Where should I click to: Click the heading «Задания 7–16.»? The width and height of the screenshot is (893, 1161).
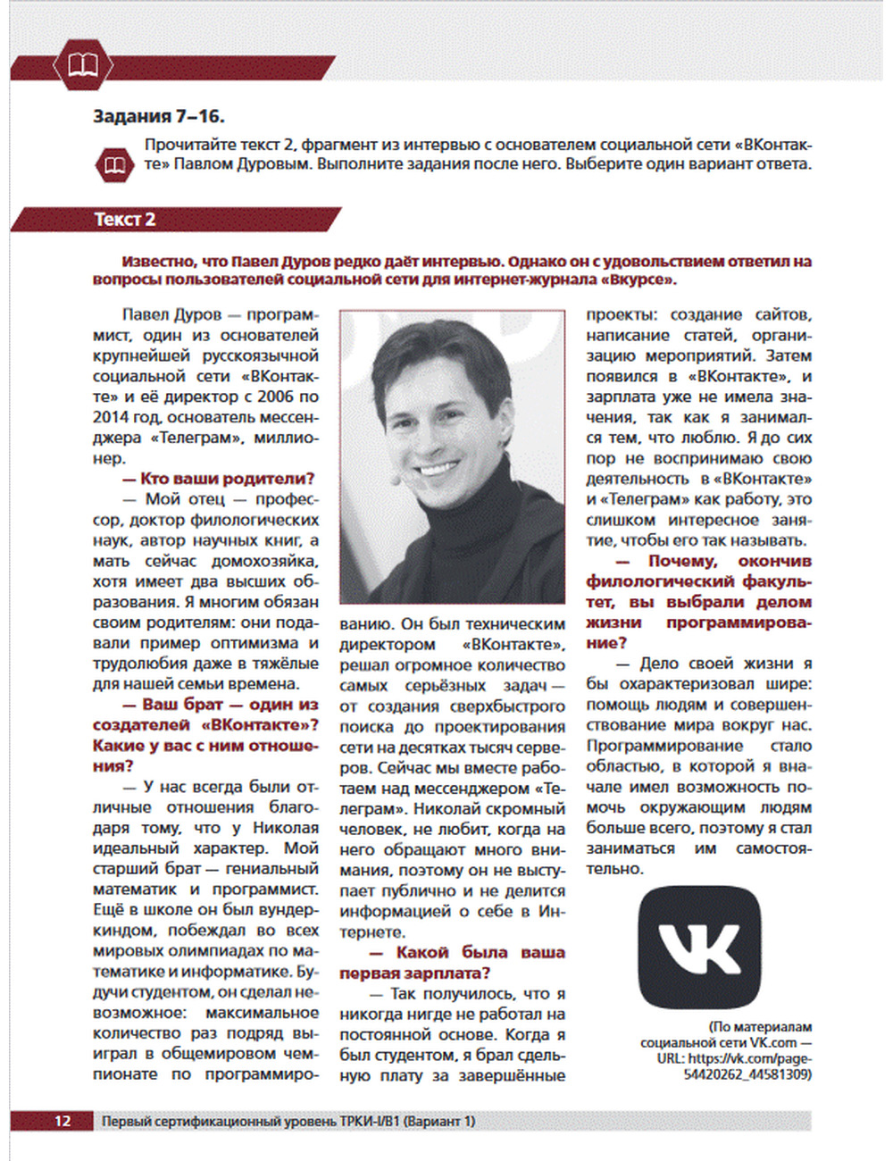[158, 116]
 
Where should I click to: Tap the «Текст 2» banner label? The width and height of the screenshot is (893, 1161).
[125, 220]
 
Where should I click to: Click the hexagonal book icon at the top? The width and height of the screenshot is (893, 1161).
[82, 64]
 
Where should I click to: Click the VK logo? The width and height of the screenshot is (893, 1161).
[699, 948]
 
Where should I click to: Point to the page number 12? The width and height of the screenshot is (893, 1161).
[63, 1121]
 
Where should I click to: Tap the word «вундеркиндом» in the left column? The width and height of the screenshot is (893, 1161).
[205, 920]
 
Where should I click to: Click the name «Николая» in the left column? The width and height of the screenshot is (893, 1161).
[285, 828]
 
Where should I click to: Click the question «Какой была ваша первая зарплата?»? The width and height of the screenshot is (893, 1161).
[452, 963]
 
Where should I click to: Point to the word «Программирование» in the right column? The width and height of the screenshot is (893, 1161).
[664, 746]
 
